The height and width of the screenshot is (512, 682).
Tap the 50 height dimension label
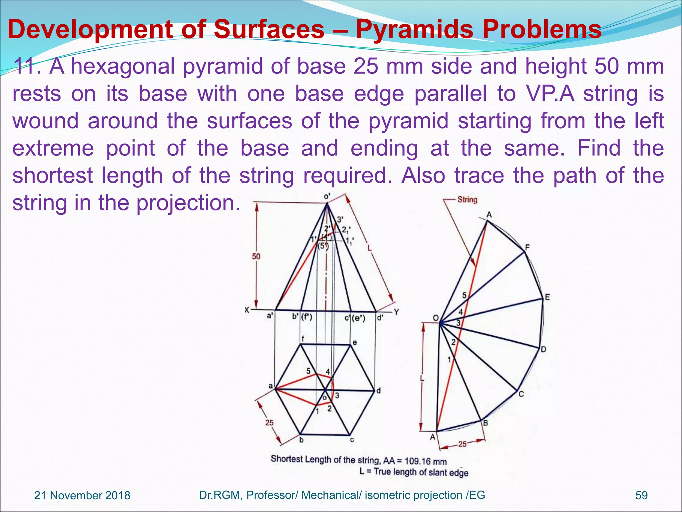(x=256, y=257)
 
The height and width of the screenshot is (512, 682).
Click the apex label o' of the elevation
(x=327, y=197)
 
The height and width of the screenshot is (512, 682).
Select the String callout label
(x=467, y=200)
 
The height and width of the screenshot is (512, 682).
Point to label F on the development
(x=527, y=247)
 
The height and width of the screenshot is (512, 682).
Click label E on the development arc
(x=547, y=297)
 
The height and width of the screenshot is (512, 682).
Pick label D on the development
(x=543, y=349)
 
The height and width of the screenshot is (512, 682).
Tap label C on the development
(x=521, y=394)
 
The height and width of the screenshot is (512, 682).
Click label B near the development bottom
(x=486, y=423)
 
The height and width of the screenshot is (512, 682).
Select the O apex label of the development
(x=436, y=318)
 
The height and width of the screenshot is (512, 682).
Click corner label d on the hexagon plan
(x=378, y=391)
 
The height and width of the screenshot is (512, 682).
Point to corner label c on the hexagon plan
(x=352, y=440)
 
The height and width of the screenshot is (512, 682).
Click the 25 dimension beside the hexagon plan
(x=269, y=423)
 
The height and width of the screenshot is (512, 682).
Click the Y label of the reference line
(x=396, y=312)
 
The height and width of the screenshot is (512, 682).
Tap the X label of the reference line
(x=247, y=310)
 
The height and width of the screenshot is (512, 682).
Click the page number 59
(x=641, y=495)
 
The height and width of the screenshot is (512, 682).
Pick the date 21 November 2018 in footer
(x=82, y=495)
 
